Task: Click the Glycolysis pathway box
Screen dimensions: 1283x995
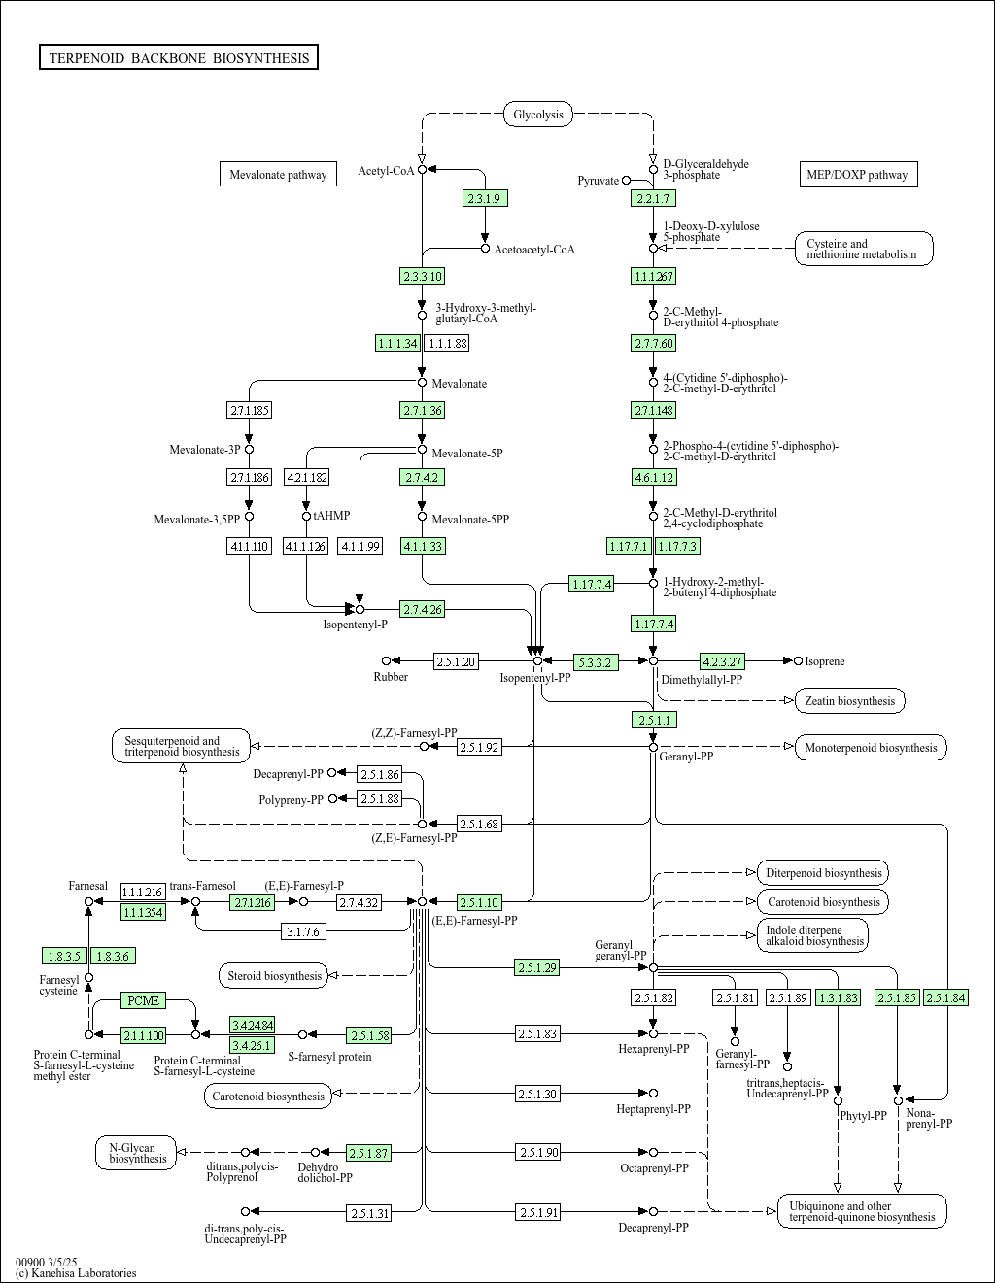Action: coord(537,115)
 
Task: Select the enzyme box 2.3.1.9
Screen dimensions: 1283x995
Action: coord(484,198)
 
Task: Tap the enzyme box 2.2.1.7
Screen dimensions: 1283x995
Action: coord(652,198)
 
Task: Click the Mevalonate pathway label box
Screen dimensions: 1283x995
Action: coord(278,175)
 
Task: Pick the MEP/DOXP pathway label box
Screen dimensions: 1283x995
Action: coord(857,175)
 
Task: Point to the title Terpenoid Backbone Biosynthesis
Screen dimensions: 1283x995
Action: coord(179,58)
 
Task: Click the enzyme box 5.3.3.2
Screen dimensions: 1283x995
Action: coord(595,662)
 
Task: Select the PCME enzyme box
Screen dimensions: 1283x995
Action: coord(144,1000)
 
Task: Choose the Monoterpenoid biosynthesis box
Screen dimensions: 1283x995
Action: coord(871,748)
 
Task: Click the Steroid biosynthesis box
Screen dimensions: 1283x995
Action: coord(274,975)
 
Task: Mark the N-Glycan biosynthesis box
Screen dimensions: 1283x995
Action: coord(137,1153)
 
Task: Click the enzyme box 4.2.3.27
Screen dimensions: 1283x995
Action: coord(722,661)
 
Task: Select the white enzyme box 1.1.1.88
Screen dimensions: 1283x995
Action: coord(447,343)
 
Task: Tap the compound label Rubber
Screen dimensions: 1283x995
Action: coord(391,677)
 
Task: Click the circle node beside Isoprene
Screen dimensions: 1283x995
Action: coord(798,661)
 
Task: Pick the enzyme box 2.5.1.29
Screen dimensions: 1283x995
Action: coord(537,967)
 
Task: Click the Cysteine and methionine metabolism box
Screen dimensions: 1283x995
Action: coord(864,250)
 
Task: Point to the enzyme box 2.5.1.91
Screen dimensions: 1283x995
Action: coord(538,1212)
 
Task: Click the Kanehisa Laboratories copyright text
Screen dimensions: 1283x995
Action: coord(76,1273)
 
